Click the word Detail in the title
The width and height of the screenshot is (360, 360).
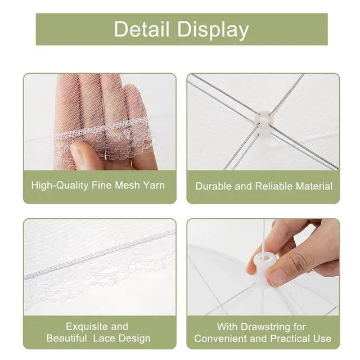click(x=142, y=29)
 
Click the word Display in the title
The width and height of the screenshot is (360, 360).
click(x=213, y=30)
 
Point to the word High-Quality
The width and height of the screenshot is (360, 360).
click(x=60, y=186)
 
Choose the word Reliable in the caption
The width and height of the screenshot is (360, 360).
click(x=273, y=186)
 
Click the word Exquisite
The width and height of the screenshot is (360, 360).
click(x=84, y=326)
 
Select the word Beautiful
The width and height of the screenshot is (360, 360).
click(x=67, y=338)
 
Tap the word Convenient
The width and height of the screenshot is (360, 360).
click(x=220, y=339)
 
